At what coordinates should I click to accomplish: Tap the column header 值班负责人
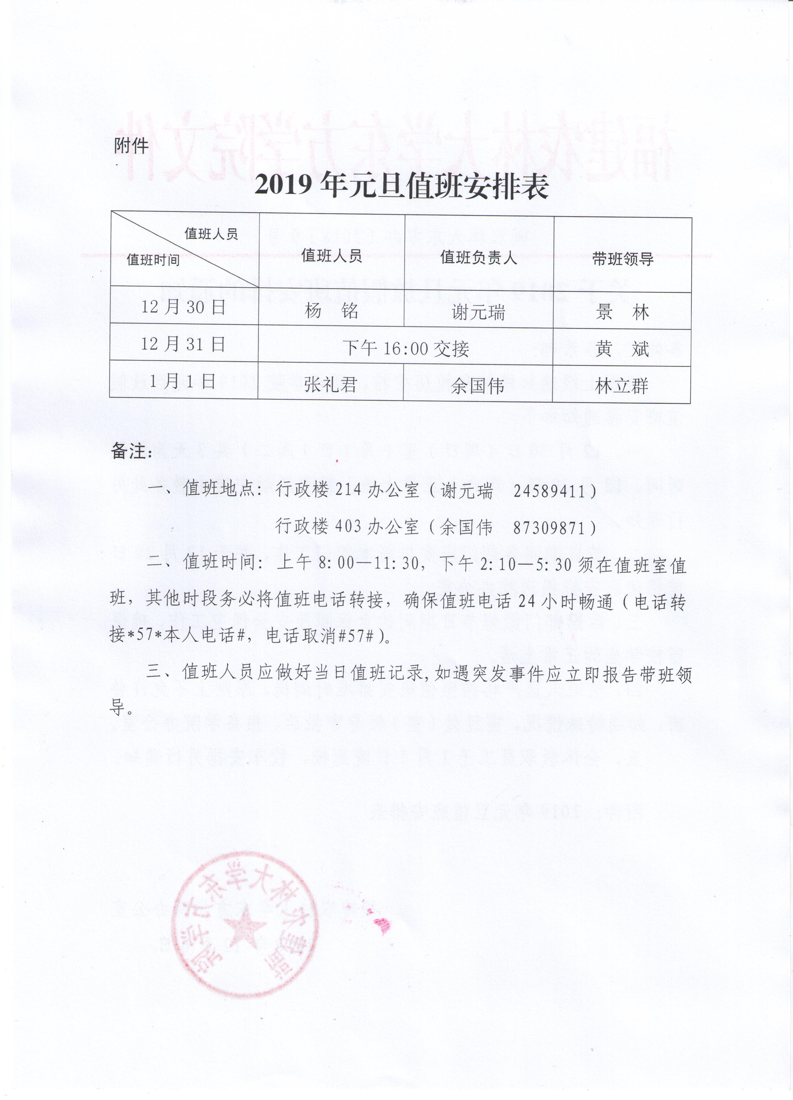coord(478,258)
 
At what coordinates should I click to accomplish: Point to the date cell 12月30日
coord(183,307)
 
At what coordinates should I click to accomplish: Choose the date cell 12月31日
coord(183,344)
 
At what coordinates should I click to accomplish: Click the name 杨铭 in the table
coord(331,311)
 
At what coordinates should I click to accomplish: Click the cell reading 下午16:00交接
coord(406,348)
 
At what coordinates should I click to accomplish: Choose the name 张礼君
coord(331,385)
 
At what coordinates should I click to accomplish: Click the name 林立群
coord(622,386)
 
